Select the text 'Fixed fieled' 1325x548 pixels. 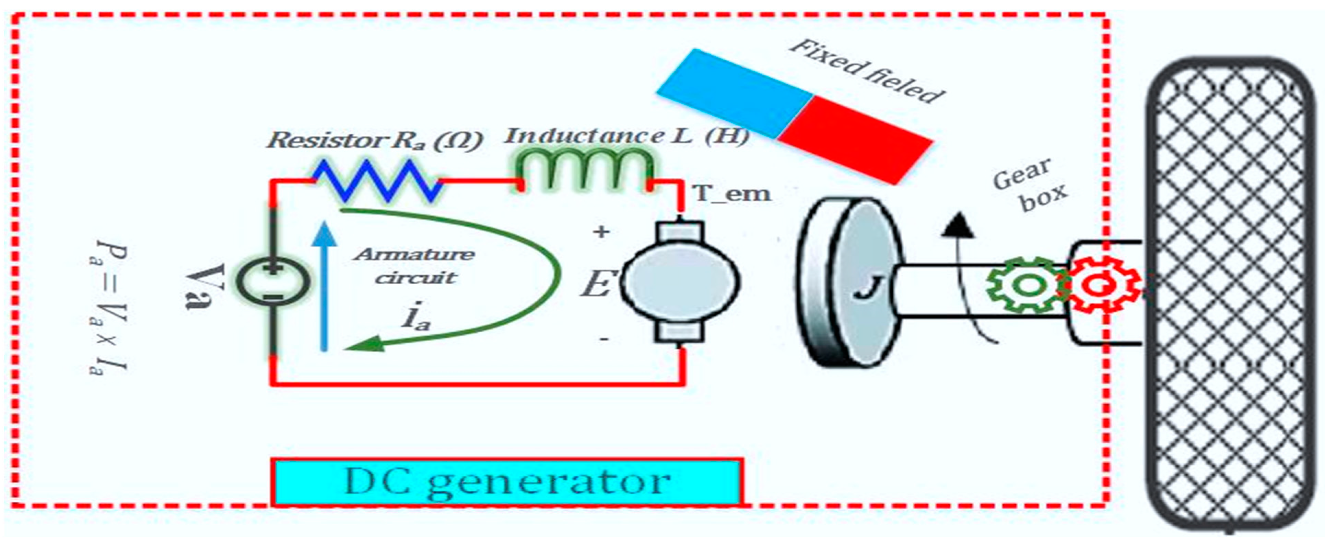point(867,72)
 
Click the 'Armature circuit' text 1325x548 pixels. point(414,266)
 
